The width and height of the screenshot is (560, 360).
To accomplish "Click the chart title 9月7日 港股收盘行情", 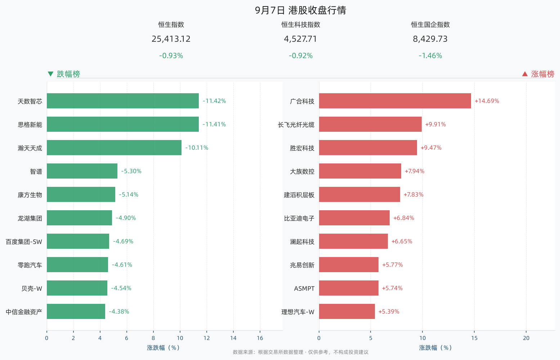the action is pyautogui.click(x=300, y=10).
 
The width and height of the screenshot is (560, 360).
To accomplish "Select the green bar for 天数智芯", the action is pyautogui.click(x=123, y=101).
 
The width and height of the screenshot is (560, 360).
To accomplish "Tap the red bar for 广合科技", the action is pyautogui.click(x=395, y=101).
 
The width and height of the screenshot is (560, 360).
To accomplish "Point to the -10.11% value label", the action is pyautogui.click(x=197, y=148).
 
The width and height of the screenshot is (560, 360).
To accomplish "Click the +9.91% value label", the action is pyautogui.click(x=435, y=124).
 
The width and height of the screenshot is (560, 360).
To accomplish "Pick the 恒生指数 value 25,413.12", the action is pyautogui.click(x=171, y=39).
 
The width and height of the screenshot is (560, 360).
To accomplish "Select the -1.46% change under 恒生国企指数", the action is pyautogui.click(x=430, y=55).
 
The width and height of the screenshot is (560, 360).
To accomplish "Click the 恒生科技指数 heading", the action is pyautogui.click(x=301, y=24).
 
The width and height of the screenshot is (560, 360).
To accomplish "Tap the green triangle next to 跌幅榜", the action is pyautogui.click(x=50, y=74).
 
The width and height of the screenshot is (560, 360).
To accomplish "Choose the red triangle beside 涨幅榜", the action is pyautogui.click(x=525, y=74).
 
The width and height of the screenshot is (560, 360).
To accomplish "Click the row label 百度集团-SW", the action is pyautogui.click(x=24, y=242).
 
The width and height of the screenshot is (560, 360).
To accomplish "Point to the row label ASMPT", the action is pyautogui.click(x=304, y=288).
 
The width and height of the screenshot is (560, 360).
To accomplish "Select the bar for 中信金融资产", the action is pyautogui.click(x=76, y=311).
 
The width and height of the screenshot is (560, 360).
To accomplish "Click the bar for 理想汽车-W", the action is pyautogui.click(x=347, y=311).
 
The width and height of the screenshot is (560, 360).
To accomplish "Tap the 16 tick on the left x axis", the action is pyautogui.click(x=260, y=338).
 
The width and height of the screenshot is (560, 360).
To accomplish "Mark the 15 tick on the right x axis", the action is pyautogui.click(x=474, y=338).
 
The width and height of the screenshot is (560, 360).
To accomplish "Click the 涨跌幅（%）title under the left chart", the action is pyautogui.click(x=163, y=347).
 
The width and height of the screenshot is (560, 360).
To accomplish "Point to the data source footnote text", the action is pyautogui.click(x=300, y=352).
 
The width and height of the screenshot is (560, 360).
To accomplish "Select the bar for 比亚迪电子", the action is pyautogui.click(x=354, y=217).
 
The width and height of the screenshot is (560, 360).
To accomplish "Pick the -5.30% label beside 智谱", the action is pyautogui.click(x=131, y=171).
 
